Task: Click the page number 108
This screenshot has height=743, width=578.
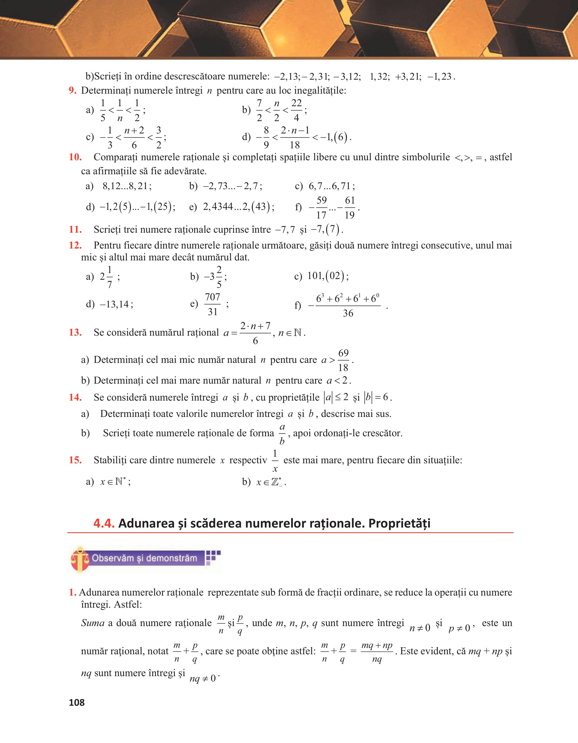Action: click(x=77, y=702)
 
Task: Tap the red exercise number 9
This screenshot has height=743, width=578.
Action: click(x=72, y=91)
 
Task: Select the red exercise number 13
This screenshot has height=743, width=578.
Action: click(x=75, y=332)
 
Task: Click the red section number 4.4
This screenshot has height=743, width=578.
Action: click(x=104, y=523)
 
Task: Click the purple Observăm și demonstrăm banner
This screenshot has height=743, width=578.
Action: click(x=145, y=558)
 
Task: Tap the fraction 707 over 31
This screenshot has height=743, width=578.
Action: click(x=213, y=304)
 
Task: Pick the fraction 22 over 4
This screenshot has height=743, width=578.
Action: click(x=296, y=110)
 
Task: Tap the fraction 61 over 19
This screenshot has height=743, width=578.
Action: click(x=350, y=208)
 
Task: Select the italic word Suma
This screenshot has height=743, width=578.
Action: click(x=92, y=623)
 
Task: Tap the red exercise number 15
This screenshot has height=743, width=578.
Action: click(x=75, y=460)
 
